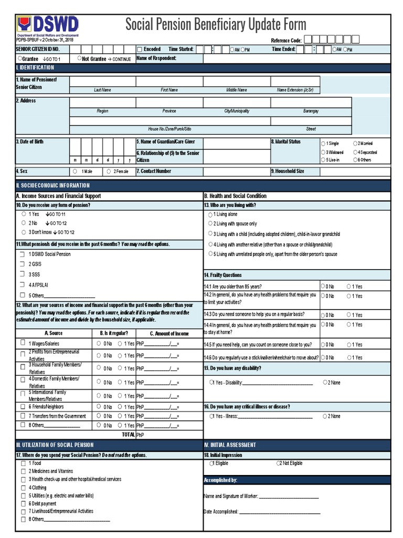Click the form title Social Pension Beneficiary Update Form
point(216,24)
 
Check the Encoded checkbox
point(140,49)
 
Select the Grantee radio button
point(20,58)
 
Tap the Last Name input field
point(102,81)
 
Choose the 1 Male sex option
point(76,171)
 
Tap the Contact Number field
point(237,171)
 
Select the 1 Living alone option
point(210,215)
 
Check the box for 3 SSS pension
point(23,274)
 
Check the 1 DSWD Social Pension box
point(23,254)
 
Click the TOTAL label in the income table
point(128,435)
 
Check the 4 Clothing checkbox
point(23,488)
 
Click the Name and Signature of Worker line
point(289,496)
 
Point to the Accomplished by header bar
point(296,480)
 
